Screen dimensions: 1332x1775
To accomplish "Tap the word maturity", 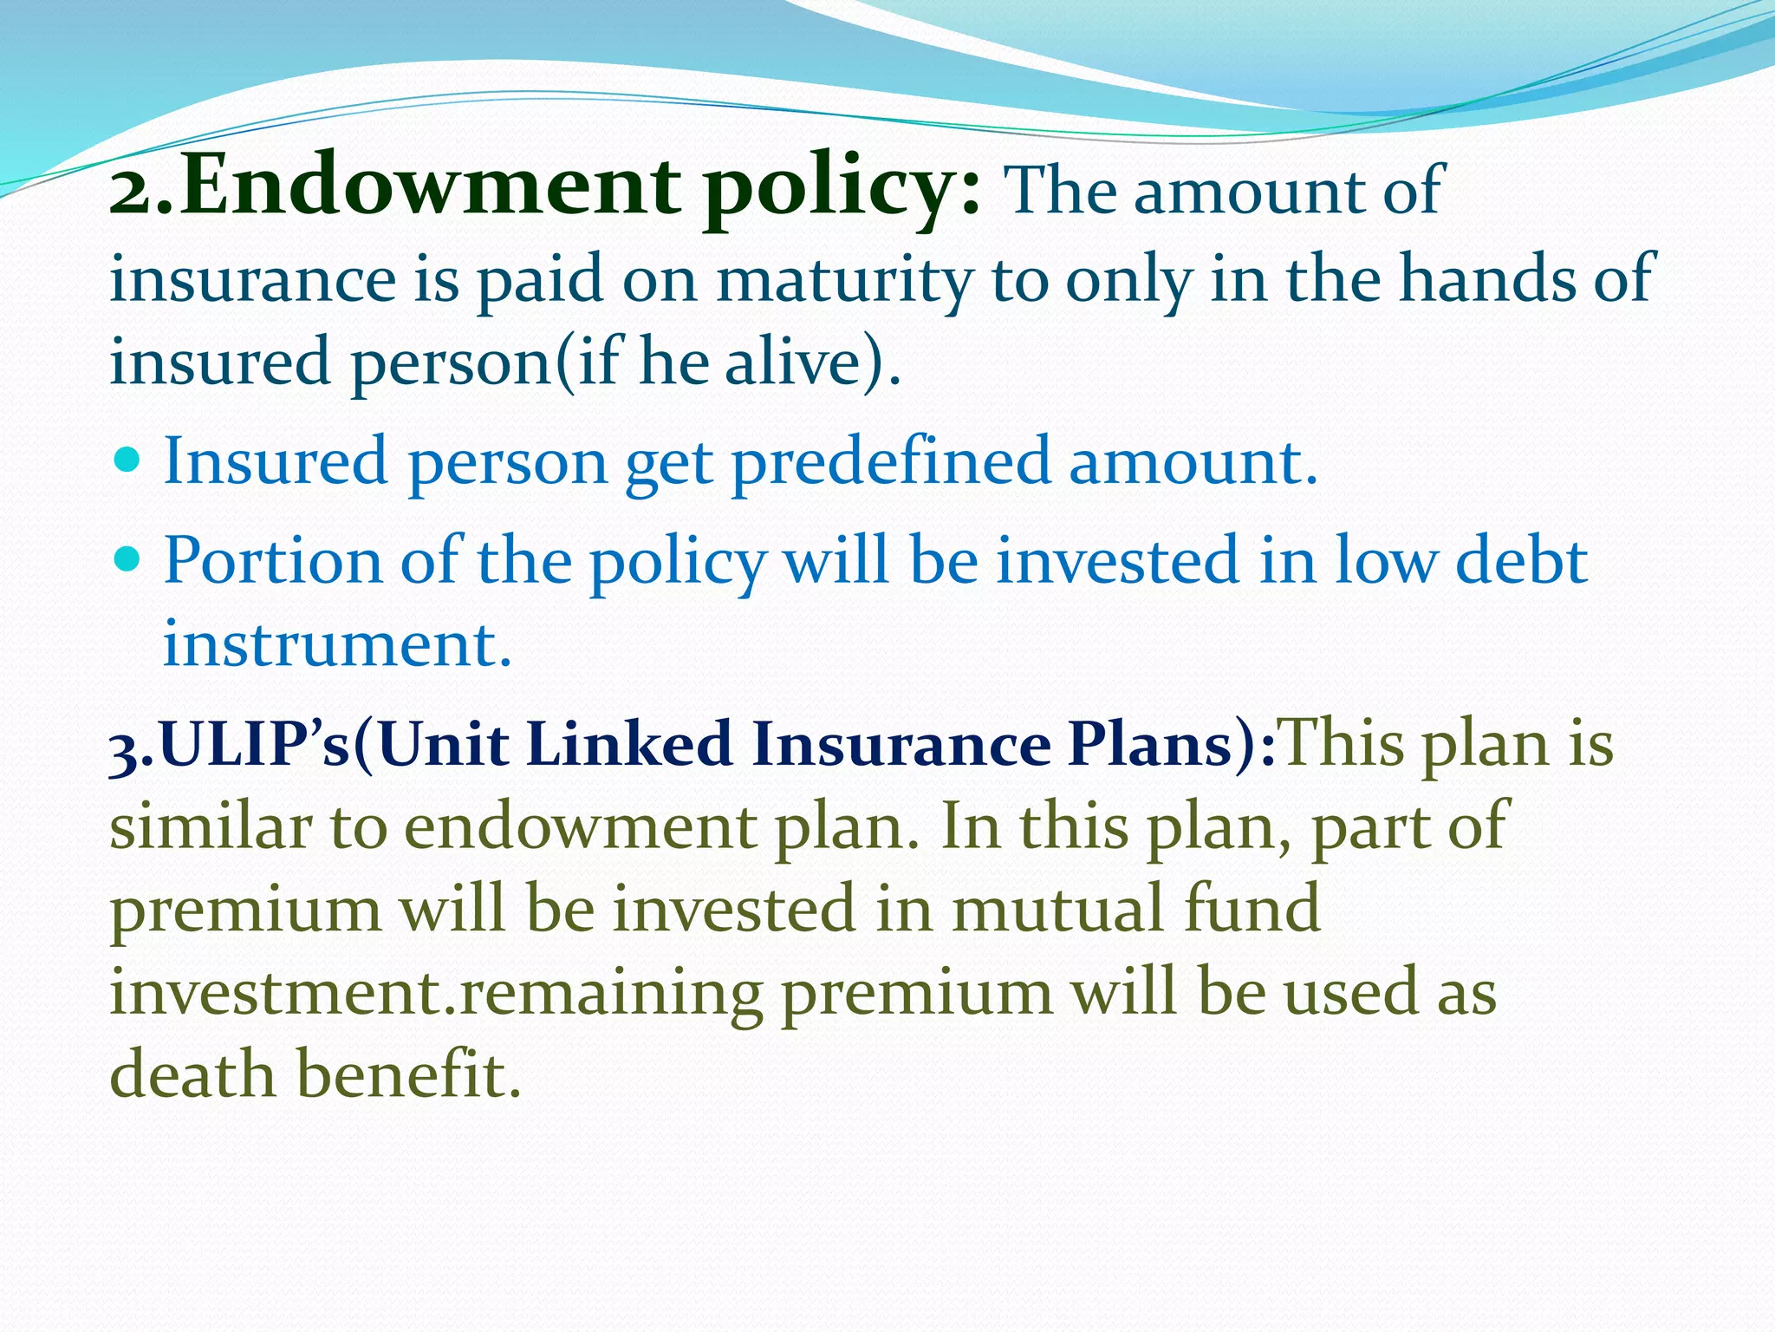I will point(844,282).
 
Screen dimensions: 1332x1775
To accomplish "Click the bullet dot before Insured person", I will point(127,460).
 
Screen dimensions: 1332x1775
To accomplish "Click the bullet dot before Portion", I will point(127,559).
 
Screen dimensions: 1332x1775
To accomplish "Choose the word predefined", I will point(891,462).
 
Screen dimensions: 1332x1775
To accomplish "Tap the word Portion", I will point(272,561).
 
